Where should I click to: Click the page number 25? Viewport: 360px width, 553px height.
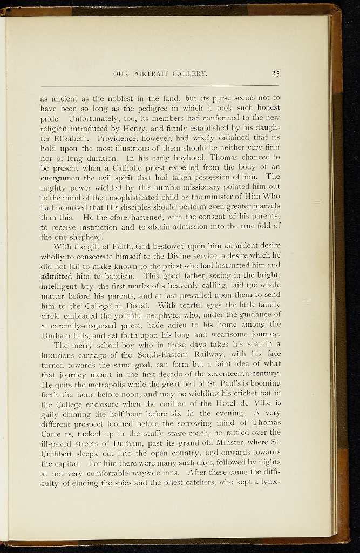pyautogui.click(x=275, y=74)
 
